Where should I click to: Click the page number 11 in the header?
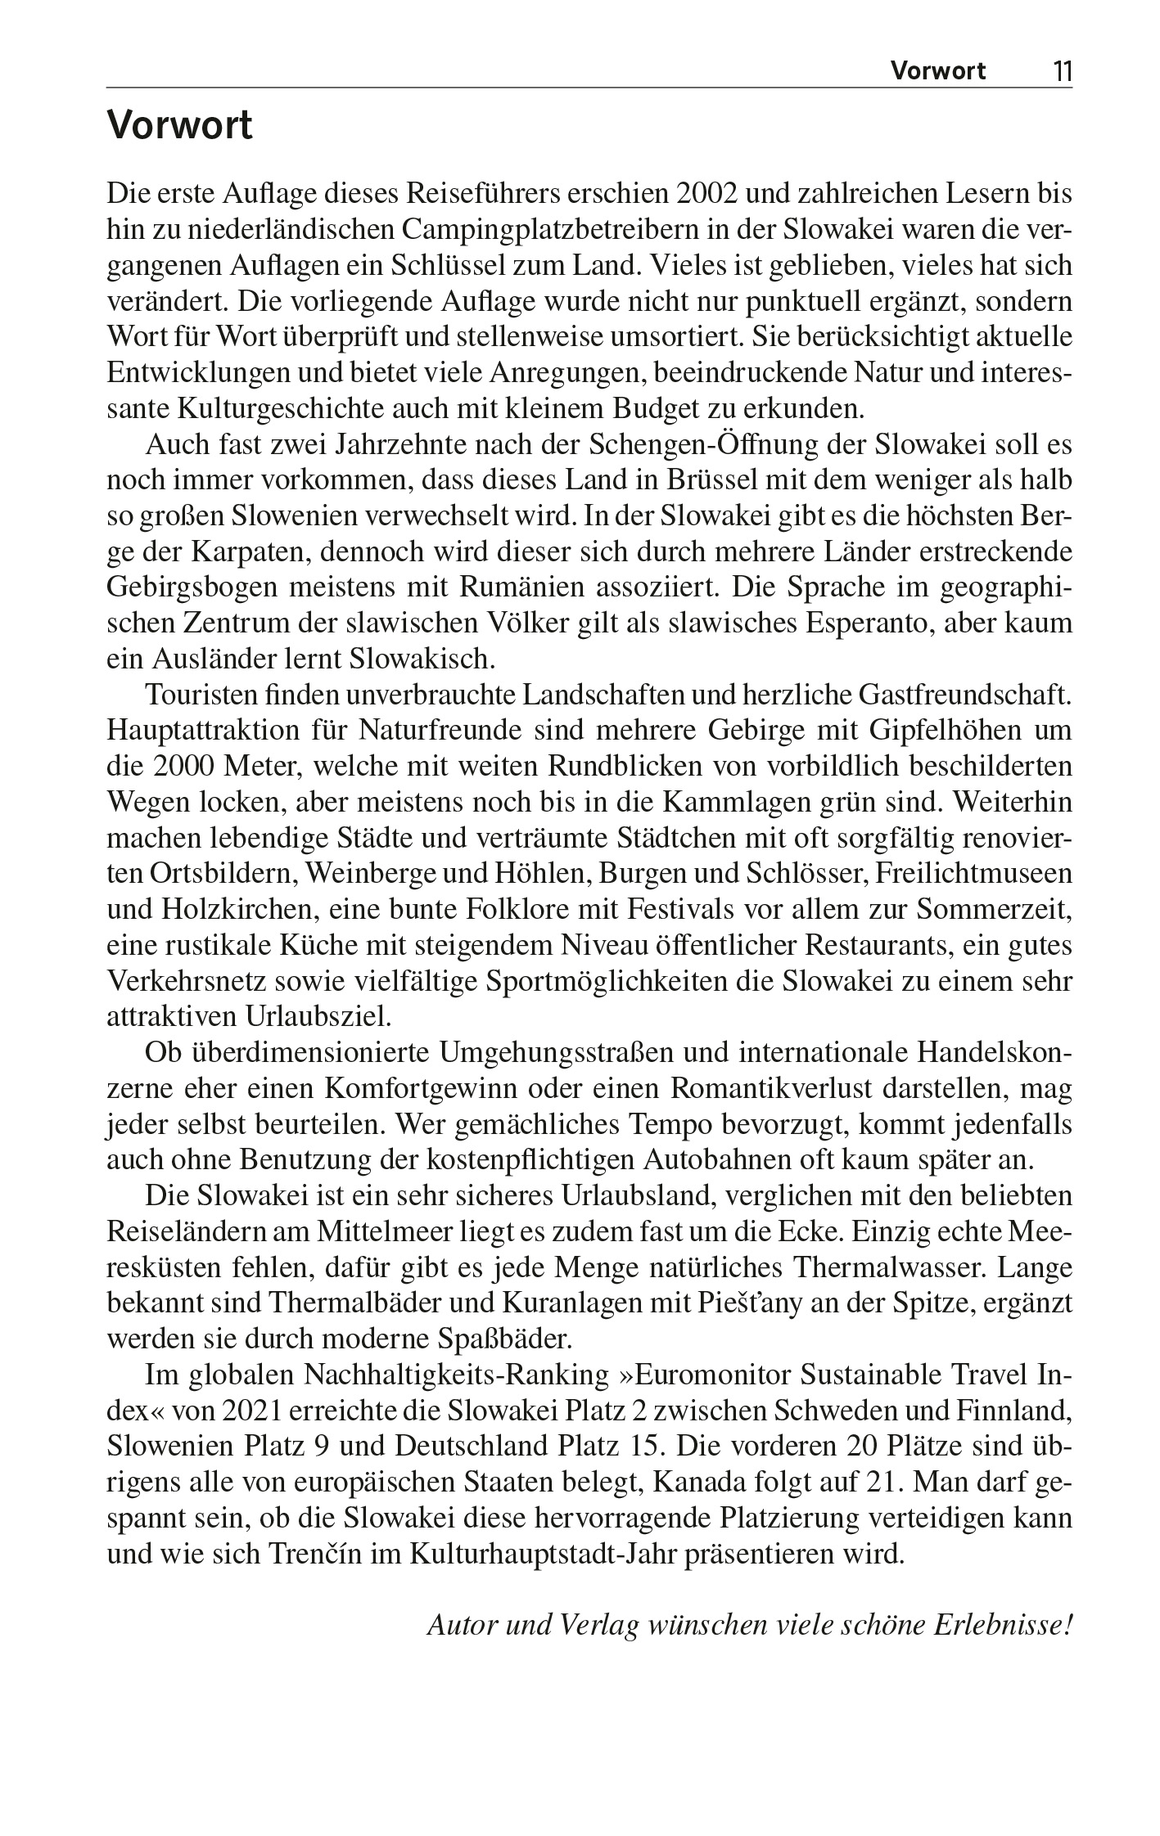[x=1063, y=71]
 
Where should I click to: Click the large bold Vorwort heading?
[x=179, y=127]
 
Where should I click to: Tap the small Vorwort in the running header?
[x=938, y=71]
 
